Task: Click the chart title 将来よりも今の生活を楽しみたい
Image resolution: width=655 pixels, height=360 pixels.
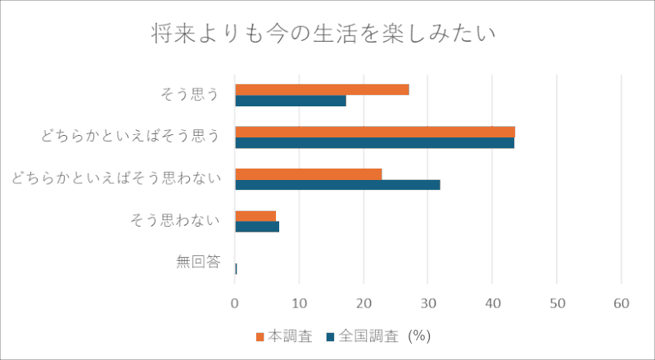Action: tap(323, 34)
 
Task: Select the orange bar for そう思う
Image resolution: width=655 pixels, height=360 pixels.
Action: tap(322, 90)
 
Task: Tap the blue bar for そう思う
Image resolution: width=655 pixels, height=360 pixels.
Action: tap(291, 101)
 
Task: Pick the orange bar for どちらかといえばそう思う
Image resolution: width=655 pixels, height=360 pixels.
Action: tap(375, 132)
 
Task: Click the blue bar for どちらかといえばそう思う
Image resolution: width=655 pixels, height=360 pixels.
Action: tap(375, 143)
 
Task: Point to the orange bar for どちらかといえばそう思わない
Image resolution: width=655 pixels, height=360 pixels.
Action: tap(309, 174)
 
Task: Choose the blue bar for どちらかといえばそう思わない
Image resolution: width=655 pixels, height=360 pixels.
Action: tap(338, 185)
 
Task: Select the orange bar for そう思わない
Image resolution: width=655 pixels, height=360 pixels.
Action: tap(255, 216)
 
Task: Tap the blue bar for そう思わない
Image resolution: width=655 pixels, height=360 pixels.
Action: tap(257, 227)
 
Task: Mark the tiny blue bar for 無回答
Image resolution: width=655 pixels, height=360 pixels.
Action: tap(236, 269)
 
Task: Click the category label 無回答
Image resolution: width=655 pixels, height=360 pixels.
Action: tap(198, 263)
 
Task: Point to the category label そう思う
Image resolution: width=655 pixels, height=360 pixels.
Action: tap(190, 95)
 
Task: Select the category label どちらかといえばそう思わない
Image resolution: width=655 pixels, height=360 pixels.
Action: tap(115, 178)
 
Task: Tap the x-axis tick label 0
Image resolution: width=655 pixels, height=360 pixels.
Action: tap(235, 304)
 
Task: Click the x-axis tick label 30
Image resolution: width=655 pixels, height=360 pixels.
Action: tap(427, 304)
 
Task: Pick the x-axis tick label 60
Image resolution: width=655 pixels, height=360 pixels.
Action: tap(621, 304)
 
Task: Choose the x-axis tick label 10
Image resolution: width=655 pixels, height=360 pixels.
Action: tap(299, 304)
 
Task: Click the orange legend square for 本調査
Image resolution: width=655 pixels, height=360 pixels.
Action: tap(260, 337)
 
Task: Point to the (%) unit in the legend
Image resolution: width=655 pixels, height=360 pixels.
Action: tap(419, 336)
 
